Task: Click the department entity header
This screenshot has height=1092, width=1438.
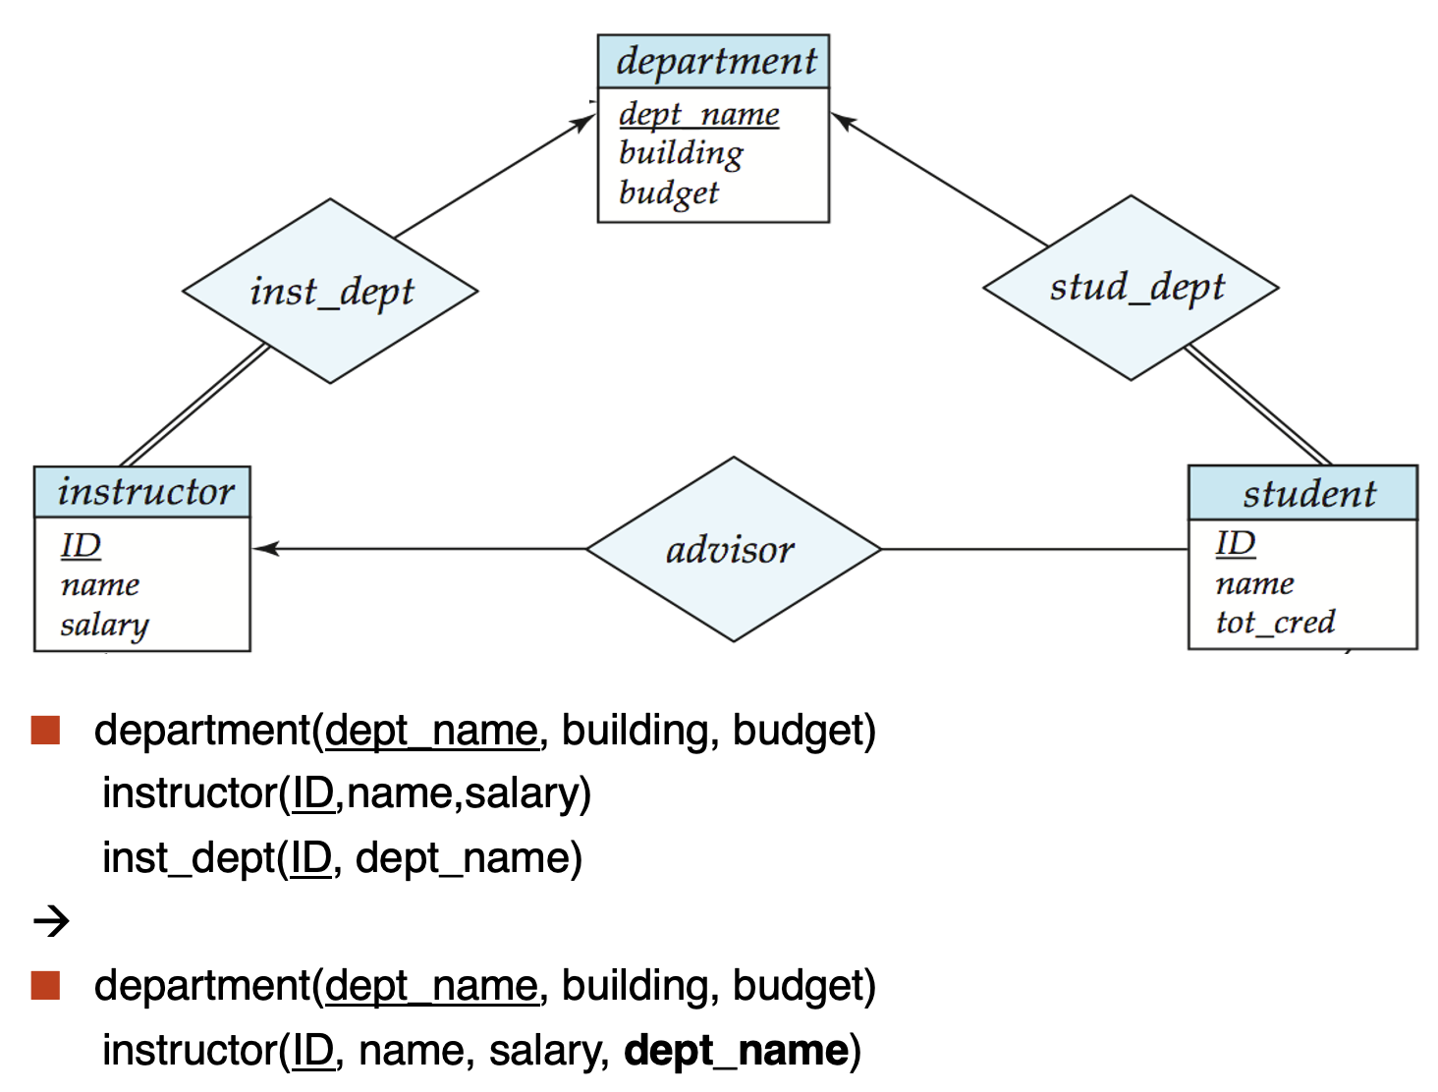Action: pos(713,62)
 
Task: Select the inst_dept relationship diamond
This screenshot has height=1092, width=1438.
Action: pos(330,291)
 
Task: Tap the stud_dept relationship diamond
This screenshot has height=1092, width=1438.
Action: pos(1131,288)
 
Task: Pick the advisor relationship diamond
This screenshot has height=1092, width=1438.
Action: pos(733,549)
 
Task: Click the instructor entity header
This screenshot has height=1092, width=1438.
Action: pos(142,492)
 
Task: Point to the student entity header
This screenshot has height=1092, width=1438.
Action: pos(1302,493)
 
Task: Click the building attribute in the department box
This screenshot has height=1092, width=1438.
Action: pos(681,153)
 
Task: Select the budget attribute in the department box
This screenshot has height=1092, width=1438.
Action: pos(668,193)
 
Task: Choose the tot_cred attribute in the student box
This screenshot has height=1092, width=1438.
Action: pos(1275,622)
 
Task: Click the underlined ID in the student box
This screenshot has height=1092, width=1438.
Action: pos(1236,543)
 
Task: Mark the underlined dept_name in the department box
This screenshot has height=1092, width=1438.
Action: pos(699,115)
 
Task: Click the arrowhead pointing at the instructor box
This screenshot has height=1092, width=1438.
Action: pos(264,549)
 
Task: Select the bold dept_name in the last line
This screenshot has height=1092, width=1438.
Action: pos(737,1050)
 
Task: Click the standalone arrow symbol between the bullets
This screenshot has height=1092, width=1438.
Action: pos(51,921)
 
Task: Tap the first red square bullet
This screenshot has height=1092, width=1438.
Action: pos(45,730)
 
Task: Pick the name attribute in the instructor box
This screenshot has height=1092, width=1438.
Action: pos(99,584)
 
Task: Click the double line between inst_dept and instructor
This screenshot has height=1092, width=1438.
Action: pos(195,405)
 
